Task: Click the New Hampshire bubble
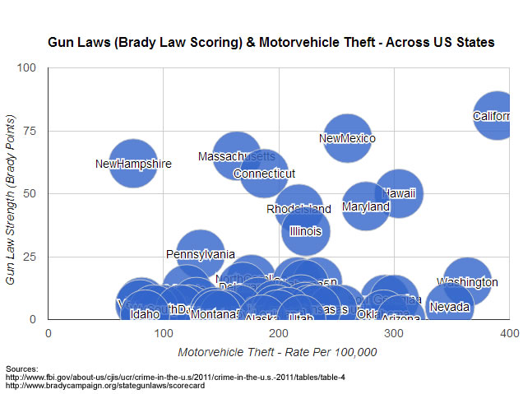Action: pyautogui.click(x=132, y=163)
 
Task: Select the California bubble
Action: pyautogui.click(x=497, y=115)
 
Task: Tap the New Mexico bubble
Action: pyautogui.click(x=346, y=138)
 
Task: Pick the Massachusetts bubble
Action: pyautogui.click(x=237, y=155)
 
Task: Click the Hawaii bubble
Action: pyautogui.click(x=399, y=193)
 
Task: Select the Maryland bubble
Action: pyautogui.click(x=366, y=206)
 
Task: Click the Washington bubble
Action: pyautogui.click(x=467, y=281)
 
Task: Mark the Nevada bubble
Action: pyautogui.click(x=450, y=307)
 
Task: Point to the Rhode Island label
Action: pyautogui.click(x=299, y=209)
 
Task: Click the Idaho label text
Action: pyautogui.click(x=145, y=313)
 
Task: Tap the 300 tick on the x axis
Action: pyautogui.click(x=394, y=332)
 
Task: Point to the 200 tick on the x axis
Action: pyautogui.click(x=279, y=332)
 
